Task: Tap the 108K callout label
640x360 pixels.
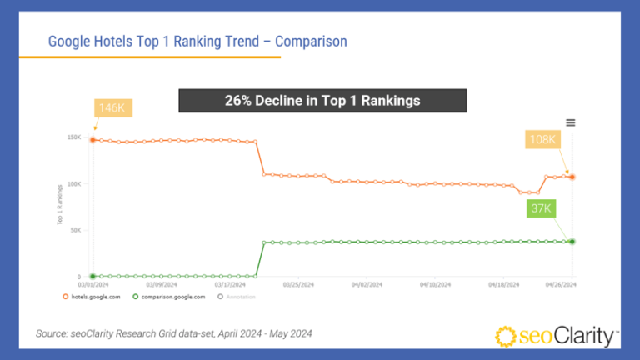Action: coord(542,139)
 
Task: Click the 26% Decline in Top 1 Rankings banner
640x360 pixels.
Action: coord(322,101)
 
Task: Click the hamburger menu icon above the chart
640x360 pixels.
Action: coord(570,122)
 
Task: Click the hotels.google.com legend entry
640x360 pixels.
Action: coord(93,296)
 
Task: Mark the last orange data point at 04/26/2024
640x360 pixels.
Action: coord(572,177)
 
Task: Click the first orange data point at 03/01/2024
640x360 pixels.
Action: coord(92,140)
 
